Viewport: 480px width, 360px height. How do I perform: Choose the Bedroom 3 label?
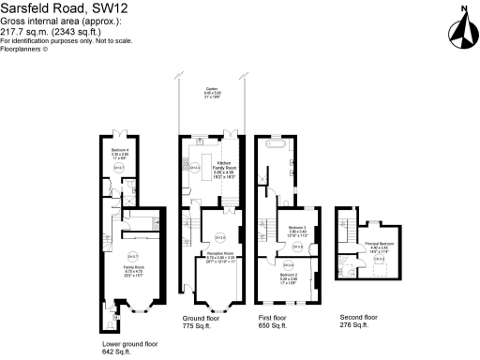(x=297, y=230)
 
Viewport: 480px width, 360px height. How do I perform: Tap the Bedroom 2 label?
(x=288, y=277)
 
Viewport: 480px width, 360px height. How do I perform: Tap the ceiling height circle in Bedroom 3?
(x=299, y=247)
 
